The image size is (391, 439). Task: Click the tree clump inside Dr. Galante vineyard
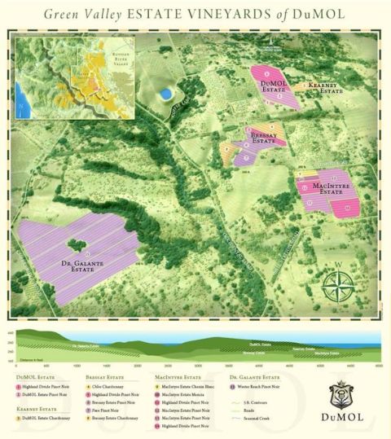click(x=77, y=244)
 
